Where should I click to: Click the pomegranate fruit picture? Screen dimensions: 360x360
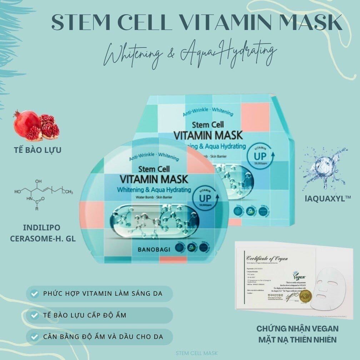[x=36, y=126]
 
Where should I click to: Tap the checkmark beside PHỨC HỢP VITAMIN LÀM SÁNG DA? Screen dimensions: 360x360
[x=35, y=294]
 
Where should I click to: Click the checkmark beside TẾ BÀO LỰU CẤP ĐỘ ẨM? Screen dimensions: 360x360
[x=35, y=315]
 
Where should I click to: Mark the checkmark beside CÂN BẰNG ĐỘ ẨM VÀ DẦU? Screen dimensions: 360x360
[x=35, y=337]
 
